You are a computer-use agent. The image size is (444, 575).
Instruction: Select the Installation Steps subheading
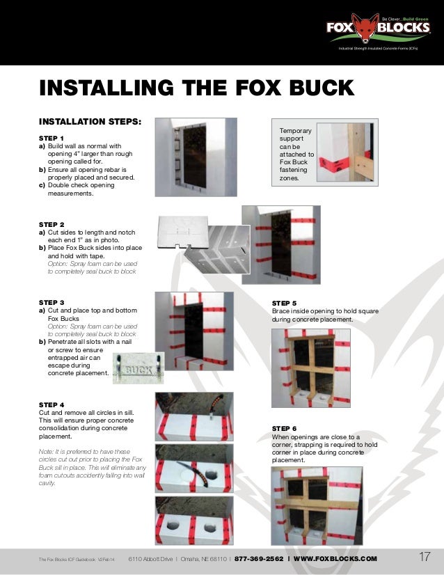(90, 121)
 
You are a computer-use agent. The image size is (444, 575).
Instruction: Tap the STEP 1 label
(51, 138)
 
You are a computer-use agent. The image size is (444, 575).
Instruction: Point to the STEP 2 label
(51, 224)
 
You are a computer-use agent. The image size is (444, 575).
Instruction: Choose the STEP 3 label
(51, 302)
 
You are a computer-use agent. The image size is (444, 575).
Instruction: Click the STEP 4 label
(51, 404)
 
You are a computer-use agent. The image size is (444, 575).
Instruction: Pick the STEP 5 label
(284, 304)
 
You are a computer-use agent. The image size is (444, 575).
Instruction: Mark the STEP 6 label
(284, 428)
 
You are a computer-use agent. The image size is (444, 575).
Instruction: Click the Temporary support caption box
(296, 154)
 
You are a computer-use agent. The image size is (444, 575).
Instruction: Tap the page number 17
(425, 557)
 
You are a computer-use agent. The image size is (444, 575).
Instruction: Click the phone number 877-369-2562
(259, 558)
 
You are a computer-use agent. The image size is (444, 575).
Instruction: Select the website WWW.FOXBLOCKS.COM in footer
(335, 558)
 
